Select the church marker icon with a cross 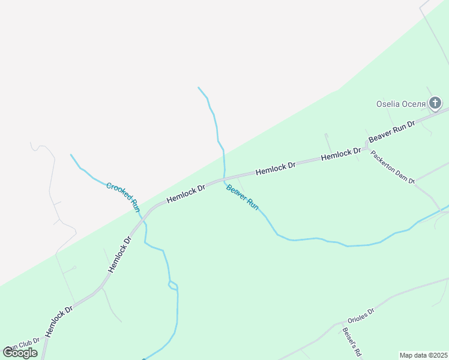pyautogui.click(x=435, y=103)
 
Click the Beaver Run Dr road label pyautogui.click(x=391, y=131)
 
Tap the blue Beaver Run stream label pyautogui.click(x=242, y=197)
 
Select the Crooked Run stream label pyautogui.click(x=123, y=197)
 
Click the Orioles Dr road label pyautogui.click(x=361, y=316)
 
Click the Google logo pyautogui.click(x=20, y=353)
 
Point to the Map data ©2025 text pyautogui.click(x=424, y=355)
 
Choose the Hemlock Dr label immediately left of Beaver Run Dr pyautogui.click(x=341, y=154)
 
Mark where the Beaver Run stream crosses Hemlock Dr pyautogui.click(x=224, y=179)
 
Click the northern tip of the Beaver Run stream pyautogui.click(x=198, y=88)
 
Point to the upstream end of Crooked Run pyautogui.click(x=71, y=155)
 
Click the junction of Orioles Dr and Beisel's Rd pyautogui.click(x=341, y=323)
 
